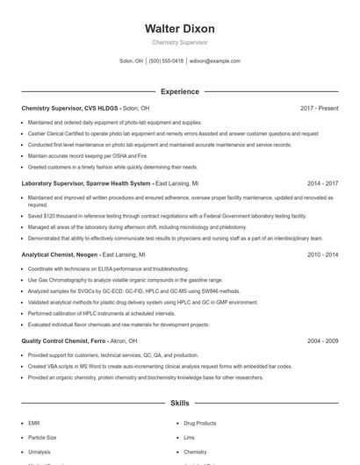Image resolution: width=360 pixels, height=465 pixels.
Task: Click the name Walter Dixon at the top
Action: [x=179, y=29]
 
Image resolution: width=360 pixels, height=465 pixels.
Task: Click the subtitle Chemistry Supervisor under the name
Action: [x=179, y=42]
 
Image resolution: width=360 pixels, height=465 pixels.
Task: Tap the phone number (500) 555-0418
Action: [x=166, y=61]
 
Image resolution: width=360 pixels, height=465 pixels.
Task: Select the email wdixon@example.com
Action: [x=214, y=61]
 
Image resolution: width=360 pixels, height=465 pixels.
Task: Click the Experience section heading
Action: [x=179, y=91]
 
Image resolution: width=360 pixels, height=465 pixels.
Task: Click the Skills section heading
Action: [x=179, y=404]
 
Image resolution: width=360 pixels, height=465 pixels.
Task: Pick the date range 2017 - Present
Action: [x=319, y=108]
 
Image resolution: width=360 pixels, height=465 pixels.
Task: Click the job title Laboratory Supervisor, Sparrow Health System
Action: [x=86, y=183]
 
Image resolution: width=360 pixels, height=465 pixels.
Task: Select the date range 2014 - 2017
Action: [x=322, y=183]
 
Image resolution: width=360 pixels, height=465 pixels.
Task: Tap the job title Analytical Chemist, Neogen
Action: [x=60, y=254]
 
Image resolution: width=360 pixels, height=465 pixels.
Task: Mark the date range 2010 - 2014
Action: [x=322, y=254]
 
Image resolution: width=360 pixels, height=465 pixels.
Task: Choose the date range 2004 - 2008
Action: [x=322, y=340]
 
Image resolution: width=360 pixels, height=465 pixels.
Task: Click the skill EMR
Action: [x=33, y=423]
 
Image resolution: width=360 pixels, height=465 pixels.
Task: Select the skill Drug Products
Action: [x=200, y=423]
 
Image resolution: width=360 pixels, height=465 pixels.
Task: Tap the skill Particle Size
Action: [x=42, y=437]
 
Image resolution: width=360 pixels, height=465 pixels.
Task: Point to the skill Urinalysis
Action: [x=39, y=451]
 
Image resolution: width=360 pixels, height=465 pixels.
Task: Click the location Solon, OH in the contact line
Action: [x=132, y=61]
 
